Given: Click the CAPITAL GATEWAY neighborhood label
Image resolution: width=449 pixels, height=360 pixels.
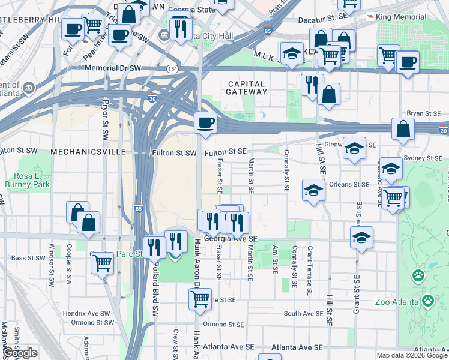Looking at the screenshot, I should (246, 88).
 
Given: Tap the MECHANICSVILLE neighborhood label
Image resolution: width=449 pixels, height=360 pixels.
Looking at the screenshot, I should (81, 152).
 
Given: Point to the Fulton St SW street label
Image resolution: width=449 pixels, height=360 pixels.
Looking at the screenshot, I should (174, 153).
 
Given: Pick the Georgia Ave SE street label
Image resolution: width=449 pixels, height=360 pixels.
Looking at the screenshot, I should (231, 238).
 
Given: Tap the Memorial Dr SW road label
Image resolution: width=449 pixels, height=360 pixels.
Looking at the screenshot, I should (112, 68).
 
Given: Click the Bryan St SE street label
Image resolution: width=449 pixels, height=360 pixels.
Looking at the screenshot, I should (424, 113).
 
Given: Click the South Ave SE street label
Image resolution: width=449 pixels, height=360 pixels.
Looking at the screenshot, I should (303, 313).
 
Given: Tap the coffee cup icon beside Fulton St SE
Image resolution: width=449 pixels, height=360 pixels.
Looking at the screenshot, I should (205, 123).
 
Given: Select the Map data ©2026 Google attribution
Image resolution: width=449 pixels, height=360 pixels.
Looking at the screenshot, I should (411, 355).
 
